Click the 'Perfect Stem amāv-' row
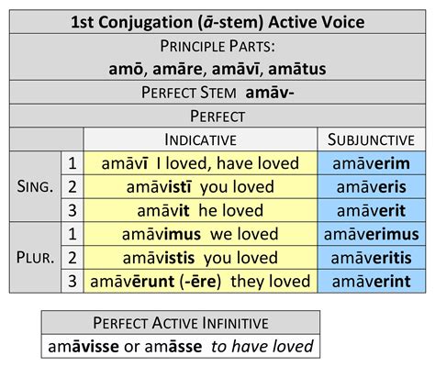217,93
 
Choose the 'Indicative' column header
200,139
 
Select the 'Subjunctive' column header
366,139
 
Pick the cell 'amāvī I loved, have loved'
200,162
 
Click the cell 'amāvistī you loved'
200,186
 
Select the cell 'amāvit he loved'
200,210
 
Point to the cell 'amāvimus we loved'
200,234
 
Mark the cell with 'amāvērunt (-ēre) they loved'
200,282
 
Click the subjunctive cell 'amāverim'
366,162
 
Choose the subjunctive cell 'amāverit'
366,210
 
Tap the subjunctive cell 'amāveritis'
366,258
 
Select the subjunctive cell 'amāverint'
366,282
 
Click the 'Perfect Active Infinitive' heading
181,322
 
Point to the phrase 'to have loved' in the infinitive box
263,347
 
